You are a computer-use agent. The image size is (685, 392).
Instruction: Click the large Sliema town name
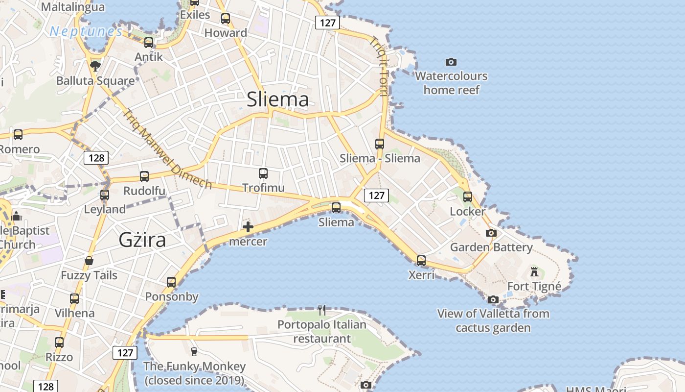(x=277, y=99)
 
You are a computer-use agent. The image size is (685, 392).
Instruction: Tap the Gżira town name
(x=142, y=240)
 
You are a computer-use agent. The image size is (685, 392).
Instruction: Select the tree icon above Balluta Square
(x=95, y=66)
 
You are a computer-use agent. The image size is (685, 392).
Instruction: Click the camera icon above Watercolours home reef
(x=451, y=62)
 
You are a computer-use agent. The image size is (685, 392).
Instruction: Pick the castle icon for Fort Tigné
(x=534, y=271)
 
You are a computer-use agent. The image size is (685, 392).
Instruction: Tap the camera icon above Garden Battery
(x=491, y=233)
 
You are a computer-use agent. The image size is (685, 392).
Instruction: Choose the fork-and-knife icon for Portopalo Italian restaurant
(x=321, y=310)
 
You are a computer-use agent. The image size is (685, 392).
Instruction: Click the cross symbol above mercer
(x=248, y=227)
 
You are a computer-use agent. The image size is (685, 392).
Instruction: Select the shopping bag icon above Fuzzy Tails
(x=89, y=260)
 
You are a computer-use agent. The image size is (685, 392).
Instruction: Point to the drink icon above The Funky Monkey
(x=194, y=351)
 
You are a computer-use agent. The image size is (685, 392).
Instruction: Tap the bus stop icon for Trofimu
(x=263, y=173)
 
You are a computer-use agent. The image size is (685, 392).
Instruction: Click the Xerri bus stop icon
(x=421, y=260)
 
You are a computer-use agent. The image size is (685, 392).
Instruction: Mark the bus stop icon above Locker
(x=468, y=196)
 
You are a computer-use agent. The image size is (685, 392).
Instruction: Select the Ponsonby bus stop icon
(x=171, y=282)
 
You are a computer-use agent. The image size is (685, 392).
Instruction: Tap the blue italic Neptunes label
(x=86, y=32)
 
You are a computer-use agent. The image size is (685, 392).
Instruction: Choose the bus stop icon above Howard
(x=225, y=19)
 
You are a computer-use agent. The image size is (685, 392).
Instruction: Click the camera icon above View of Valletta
(x=493, y=299)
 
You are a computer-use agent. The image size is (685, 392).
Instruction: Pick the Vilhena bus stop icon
(x=74, y=298)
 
